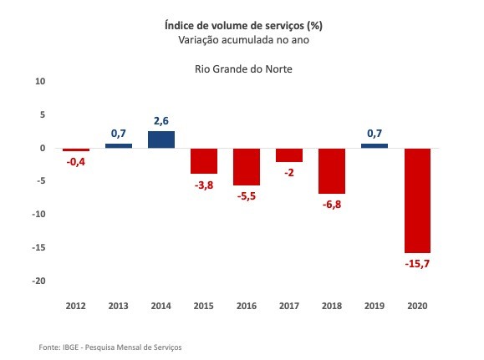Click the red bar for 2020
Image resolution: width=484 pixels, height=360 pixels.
click(x=417, y=200)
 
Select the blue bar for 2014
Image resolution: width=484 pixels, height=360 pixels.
click(x=161, y=139)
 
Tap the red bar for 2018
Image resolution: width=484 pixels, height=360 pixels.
click(x=332, y=170)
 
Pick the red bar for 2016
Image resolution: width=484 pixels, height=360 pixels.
click(x=247, y=166)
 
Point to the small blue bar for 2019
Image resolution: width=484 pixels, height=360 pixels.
click(x=374, y=145)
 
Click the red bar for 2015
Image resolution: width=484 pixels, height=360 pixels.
click(x=204, y=160)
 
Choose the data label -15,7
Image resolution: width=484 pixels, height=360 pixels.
click(x=417, y=264)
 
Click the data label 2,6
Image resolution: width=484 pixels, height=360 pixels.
click(x=161, y=120)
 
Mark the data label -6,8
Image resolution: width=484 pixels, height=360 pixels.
click(x=332, y=205)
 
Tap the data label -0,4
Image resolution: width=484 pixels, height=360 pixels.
click(x=76, y=161)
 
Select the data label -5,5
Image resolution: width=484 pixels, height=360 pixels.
click(x=247, y=196)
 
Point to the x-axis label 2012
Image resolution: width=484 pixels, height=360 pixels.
click(x=76, y=306)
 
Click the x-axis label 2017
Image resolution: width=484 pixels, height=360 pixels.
click(x=289, y=306)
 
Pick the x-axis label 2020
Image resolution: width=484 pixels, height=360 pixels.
click(x=417, y=306)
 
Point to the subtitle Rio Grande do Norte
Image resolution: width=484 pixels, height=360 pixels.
click(x=242, y=68)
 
